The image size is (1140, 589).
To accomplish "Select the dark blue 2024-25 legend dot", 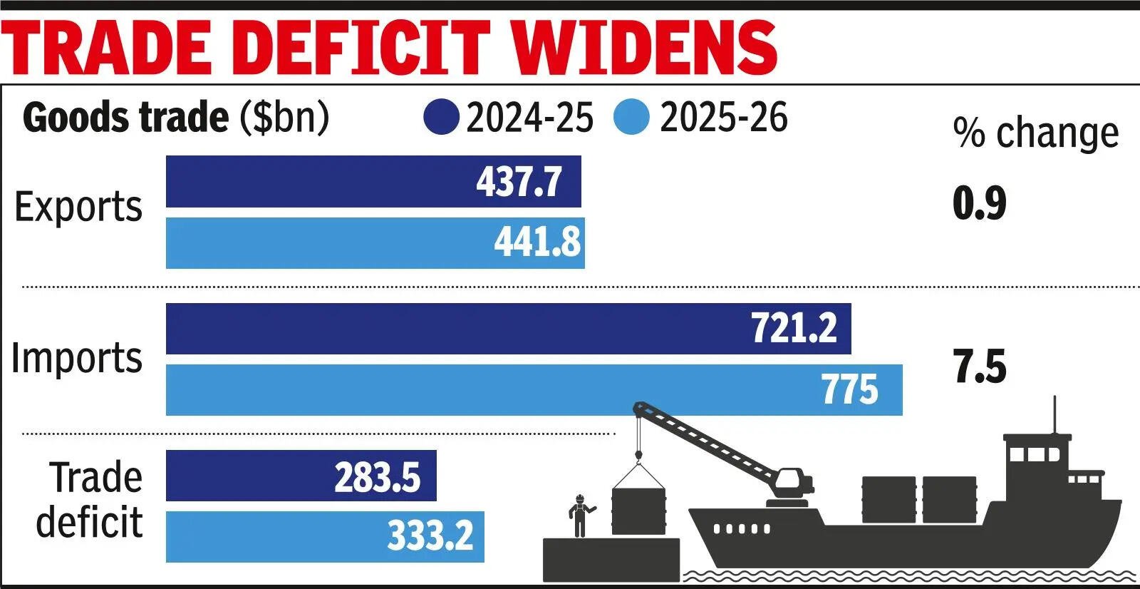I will click(441, 117).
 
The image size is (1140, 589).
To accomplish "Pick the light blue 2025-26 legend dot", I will click(631, 117).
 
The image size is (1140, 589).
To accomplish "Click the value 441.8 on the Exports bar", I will click(537, 242).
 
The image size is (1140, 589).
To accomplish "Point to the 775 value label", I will click(850, 390).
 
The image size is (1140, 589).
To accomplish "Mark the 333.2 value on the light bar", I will click(430, 536).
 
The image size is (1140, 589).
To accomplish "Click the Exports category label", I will click(78, 207).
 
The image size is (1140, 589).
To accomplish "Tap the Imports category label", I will click(77, 358).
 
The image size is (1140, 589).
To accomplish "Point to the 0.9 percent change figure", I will click(980, 203).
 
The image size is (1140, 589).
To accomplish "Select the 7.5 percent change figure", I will click(980, 367).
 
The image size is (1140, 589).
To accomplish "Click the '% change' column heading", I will click(1036, 133).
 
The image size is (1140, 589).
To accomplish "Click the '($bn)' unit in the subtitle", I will click(284, 117).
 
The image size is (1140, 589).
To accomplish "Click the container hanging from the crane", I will click(638, 510).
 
